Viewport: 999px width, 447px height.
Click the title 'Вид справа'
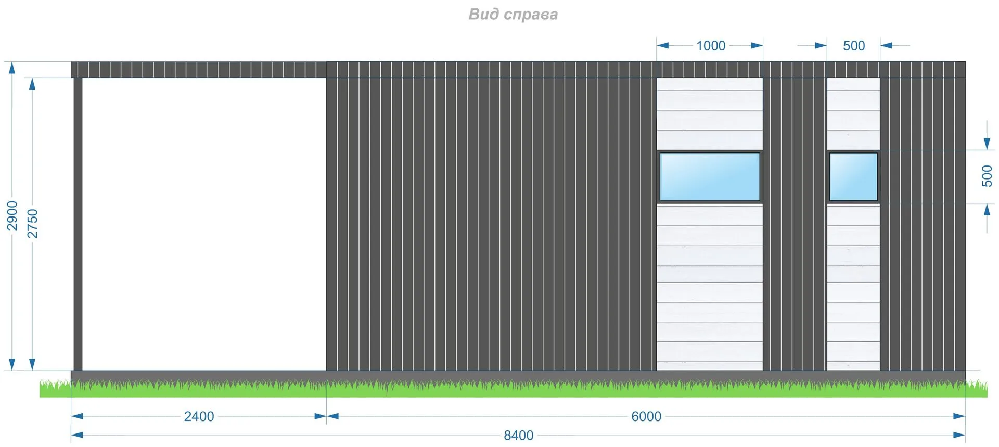coord(513,14)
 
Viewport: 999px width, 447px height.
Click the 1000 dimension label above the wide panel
coord(711,46)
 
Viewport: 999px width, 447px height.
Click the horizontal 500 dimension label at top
coord(853,46)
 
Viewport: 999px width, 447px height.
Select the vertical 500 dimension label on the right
coord(987,176)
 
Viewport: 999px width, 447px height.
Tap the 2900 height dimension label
coord(12,215)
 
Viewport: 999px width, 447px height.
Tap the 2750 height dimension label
coord(32,224)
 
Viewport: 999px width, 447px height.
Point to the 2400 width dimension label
coord(199,416)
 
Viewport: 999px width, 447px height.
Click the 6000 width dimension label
coord(646,416)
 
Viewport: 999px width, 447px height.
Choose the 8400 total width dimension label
coord(518,435)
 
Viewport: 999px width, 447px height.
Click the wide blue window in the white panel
coord(710,177)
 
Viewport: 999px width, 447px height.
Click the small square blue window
coord(853,177)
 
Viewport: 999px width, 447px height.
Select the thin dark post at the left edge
coord(78,224)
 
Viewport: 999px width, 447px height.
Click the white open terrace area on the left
coord(204,224)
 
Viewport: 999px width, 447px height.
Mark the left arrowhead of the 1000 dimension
coord(662,45)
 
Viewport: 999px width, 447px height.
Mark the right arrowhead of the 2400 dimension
coord(321,416)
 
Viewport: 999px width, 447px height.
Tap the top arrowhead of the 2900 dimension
coord(12,68)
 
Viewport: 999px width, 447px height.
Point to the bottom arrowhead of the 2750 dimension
coord(32,364)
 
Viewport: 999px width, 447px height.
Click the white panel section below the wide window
coord(710,286)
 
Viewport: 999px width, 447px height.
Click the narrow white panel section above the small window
coord(853,113)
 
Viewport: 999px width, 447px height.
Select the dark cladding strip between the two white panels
coord(795,224)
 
